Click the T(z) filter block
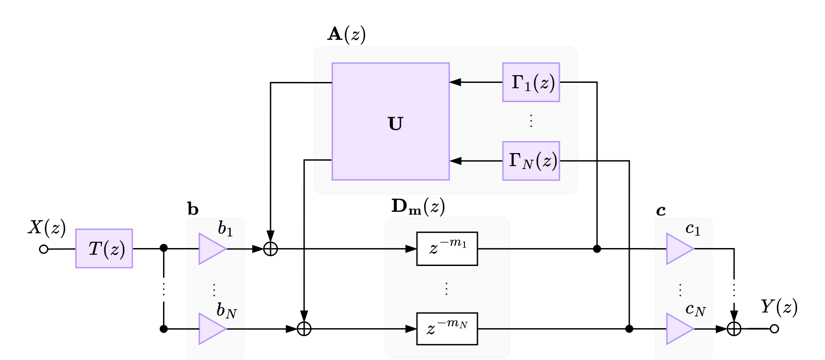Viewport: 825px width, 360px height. [104, 249]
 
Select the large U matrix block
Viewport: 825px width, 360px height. [391, 121]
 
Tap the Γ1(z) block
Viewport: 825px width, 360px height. [531, 82]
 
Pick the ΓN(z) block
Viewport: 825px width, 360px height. [531, 161]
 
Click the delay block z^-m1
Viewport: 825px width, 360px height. [447, 249]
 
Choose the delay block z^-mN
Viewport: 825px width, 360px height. [447, 329]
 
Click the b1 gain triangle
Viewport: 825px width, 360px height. [211, 249]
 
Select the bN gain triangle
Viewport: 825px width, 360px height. [211, 329]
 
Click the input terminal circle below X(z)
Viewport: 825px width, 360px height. [43, 249]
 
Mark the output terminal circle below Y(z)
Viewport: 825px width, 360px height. [774, 329]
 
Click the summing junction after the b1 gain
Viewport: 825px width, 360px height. [271, 249]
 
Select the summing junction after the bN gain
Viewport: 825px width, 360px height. [304, 329]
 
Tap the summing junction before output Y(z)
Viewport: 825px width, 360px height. [734, 329]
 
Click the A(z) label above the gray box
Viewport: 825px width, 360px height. [346, 34]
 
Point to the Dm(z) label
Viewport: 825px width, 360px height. [418, 206]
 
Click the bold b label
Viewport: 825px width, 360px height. [193, 209]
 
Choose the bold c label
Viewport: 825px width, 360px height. [661, 210]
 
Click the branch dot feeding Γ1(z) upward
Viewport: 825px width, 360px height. [597, 249]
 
